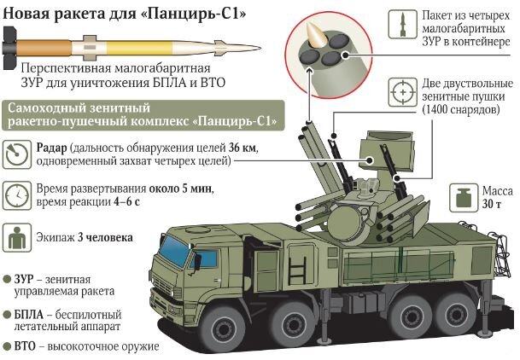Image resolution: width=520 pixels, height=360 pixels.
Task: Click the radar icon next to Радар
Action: pyautogui.click(x=17, y=154)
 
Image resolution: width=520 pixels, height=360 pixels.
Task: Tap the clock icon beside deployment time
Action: pyautogui.click(x=17, y=195)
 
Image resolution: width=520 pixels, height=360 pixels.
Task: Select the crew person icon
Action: pyautogui.click(x=17, y=237)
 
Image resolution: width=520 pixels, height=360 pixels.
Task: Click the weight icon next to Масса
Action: pyautogui.click(x=464, y=198)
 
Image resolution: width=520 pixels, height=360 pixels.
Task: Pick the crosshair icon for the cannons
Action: pyautogui.click(x=403, y=92)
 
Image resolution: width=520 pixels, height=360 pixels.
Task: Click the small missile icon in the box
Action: pyautogui.click(x=403, y=24)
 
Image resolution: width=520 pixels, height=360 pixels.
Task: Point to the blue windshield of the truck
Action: pyautogui.click(x=174, y=251)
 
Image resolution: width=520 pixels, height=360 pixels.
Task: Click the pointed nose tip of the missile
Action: pyautogui.click(x=260, y=49)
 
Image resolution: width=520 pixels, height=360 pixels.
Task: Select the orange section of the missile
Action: pyautogui.click(x=43, y=48)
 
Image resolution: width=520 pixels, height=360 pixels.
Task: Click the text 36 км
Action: pyautogui.click(x=242, y=148)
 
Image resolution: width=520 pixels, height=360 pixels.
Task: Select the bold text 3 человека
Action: pyautogui.click(x=105, y=237)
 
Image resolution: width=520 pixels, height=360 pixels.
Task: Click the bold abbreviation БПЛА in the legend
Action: pyautogui.click(x=29, y=314)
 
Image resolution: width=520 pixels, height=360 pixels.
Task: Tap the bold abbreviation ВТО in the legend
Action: pyautogui.click(x=25, y=346)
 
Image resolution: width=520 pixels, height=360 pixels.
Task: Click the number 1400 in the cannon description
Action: pyautogui.click(x=437, y=110)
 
